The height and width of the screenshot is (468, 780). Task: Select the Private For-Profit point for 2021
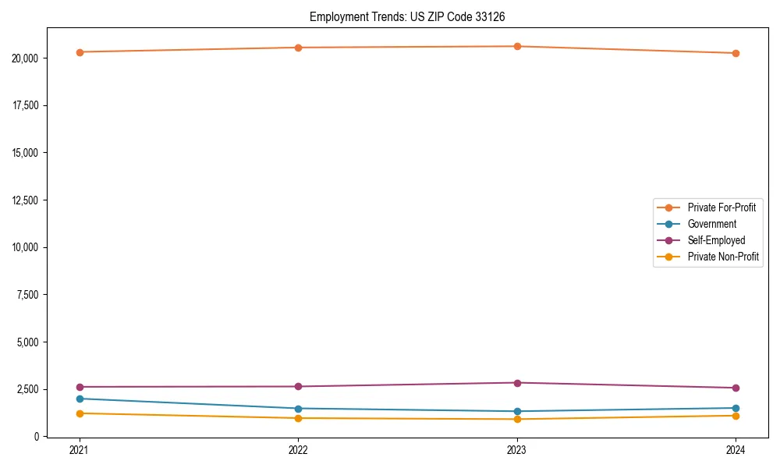coord(80,52)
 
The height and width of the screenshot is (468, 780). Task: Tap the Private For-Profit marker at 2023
coord(517,46)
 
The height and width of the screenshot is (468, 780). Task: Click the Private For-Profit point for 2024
coord(736,53)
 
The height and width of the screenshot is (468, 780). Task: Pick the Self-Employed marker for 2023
coord(517,383)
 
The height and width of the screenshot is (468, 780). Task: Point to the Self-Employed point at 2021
coord(80,387)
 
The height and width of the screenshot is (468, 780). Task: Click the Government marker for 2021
coord(80,399)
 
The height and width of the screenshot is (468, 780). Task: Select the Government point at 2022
coord(298,409)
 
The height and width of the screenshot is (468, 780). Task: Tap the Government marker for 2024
coord(736,408)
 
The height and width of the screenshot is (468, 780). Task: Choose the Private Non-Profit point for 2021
coord(80,413)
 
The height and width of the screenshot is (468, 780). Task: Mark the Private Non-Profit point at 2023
coord(517,420)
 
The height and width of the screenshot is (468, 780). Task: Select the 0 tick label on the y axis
coord(36,437)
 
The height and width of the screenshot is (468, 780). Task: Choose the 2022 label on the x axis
coord(298,450)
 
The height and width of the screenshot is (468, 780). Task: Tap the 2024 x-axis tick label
coord(736,450)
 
